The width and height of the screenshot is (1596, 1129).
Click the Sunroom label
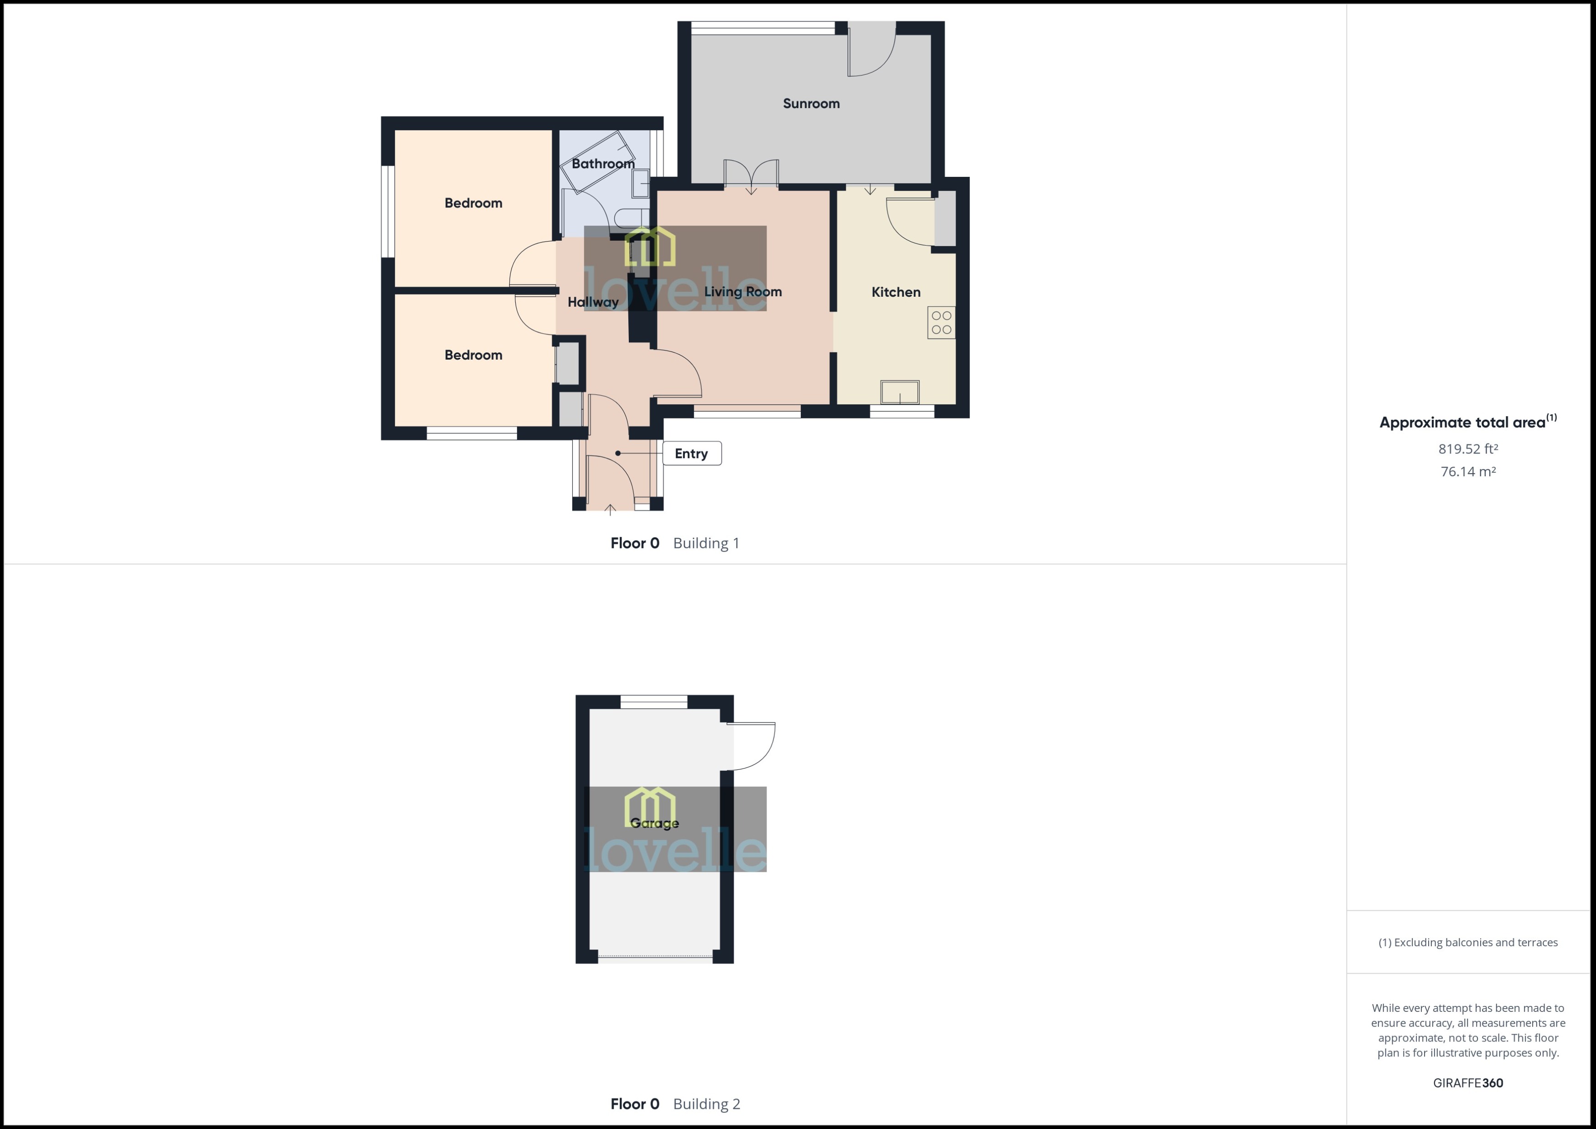811,103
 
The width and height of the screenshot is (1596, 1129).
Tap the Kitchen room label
896,292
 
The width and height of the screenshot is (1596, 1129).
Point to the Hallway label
592,302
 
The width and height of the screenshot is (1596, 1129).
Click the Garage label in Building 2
654,823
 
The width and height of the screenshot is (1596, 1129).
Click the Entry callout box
691,453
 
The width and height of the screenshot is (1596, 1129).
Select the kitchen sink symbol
900,392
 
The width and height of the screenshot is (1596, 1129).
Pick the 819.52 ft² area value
1468,449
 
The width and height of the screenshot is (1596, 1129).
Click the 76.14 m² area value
1468,471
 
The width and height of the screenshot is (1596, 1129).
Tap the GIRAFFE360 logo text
1468,1083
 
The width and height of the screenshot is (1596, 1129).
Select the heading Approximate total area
1462,423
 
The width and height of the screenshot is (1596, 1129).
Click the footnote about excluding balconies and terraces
1468,943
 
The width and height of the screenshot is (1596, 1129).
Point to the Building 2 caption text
706,1104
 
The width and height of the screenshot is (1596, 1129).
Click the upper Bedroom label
473,203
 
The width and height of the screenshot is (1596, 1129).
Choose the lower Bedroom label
473,355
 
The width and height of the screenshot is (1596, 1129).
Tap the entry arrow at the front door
610,510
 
